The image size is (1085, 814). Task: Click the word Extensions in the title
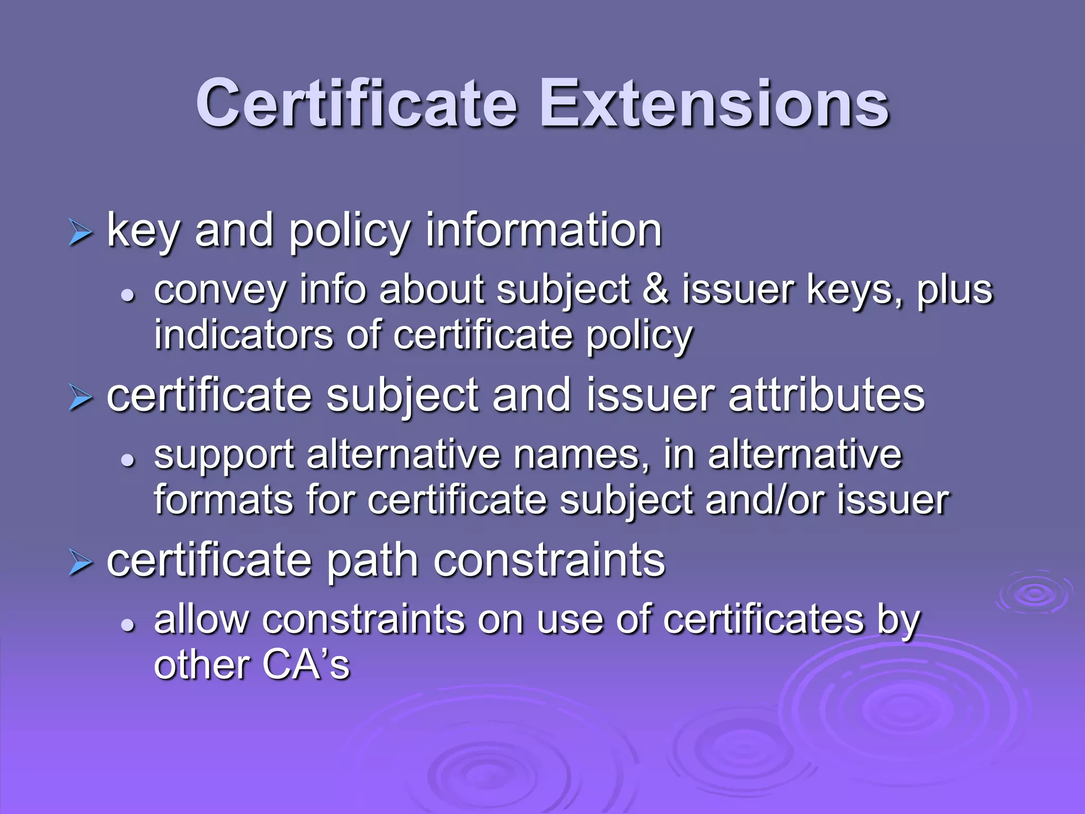coord(714,104)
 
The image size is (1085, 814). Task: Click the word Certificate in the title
coord(357,104)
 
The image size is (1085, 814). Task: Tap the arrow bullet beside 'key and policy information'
coord(81,234)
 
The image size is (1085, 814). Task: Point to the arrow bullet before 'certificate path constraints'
coord(81,563)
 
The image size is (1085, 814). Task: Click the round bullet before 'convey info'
coord(128,295)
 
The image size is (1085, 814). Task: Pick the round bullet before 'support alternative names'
coord(128,459)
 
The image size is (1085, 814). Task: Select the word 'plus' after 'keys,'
coord(955,290)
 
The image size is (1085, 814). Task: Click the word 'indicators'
coord(243,335)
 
